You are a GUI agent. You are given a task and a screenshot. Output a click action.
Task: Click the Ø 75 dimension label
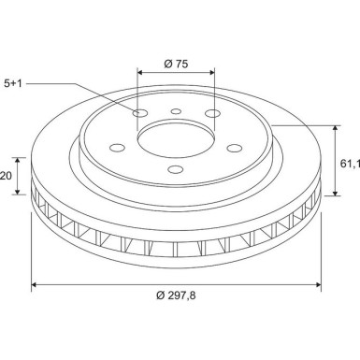pyautogui.click(x=176, y=64)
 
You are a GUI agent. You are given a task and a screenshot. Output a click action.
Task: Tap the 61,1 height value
pyautogui.click(x=349, y=164)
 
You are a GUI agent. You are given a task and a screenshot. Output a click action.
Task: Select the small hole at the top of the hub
pyautogui.click(x=176, y=111)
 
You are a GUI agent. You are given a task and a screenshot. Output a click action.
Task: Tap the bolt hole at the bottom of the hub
pyautogui.click(x=176, y=169)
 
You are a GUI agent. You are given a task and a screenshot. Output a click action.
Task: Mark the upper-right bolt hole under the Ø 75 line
pyautogui.click(x=213, y=115)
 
